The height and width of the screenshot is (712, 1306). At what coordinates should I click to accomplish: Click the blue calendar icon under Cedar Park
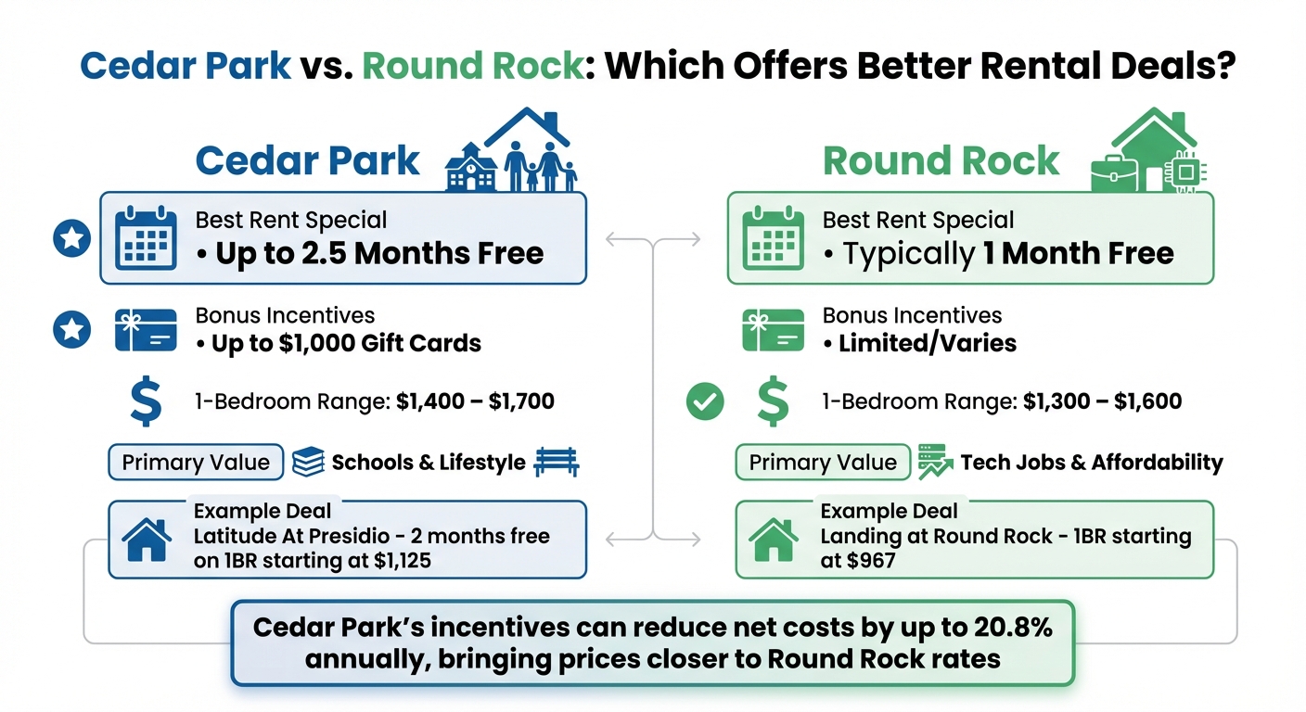[x=146, y=238]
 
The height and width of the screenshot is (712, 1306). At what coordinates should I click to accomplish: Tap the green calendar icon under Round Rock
[x=773, y=238]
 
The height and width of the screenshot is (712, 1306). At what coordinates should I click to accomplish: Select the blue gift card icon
[x=146, y=330]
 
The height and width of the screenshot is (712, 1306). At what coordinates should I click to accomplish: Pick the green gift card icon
[x=773, y=330]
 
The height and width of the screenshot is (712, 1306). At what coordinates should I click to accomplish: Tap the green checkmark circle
[x=705, y=402]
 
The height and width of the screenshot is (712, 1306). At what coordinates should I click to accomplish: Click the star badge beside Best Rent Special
[x=72, y=239]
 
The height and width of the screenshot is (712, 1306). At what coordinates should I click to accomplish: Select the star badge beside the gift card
[x=72, y=330]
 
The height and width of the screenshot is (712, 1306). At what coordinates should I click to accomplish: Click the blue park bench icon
[x=557, y=462]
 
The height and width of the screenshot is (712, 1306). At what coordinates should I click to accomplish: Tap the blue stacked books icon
[x=308, y=462]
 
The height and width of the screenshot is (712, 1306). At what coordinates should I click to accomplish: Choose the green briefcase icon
[x=1113, y=172]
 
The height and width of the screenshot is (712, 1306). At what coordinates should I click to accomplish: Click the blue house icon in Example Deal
[x=146, y=540]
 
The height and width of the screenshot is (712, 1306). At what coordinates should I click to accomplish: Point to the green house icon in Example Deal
[x=773, y=540]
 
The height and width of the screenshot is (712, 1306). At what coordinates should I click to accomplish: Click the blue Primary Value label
[x=196, y=462]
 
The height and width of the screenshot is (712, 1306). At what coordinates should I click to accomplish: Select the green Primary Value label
[x=823, y=462]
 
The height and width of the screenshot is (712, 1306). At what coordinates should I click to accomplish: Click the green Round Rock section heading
[x=941, y=160]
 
